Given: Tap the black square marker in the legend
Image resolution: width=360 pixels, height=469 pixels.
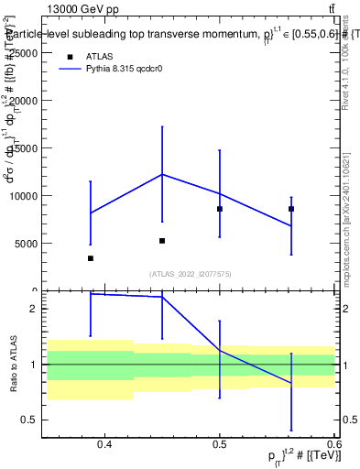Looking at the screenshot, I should (68, 56).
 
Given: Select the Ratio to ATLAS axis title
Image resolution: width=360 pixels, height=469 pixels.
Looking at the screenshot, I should (15, 365).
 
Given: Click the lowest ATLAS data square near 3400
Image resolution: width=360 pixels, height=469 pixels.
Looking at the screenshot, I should (90, 258).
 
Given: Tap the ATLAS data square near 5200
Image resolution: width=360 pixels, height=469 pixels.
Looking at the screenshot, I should (162, 241).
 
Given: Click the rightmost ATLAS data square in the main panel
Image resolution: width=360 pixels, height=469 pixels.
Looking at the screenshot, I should (291, 209).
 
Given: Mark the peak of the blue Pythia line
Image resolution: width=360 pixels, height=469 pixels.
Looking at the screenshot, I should (162, 174).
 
